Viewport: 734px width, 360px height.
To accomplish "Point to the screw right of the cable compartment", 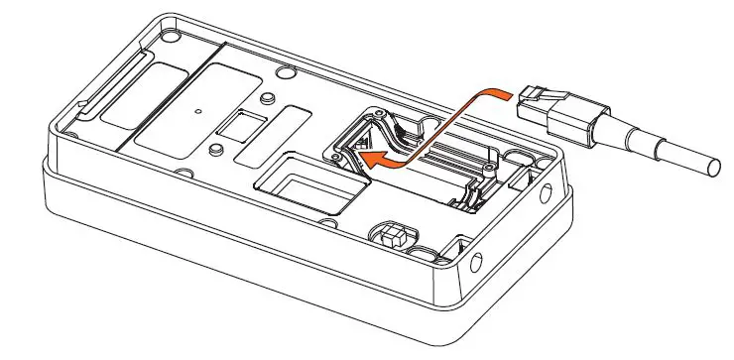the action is tap(516, 156).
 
